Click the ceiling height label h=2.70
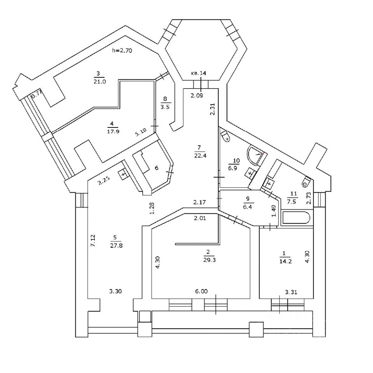point(122,50)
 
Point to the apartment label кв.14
point(199,73)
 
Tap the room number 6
point(157,168)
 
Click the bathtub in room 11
point(296,218)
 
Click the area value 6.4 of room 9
point(249,206)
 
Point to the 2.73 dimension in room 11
point(309,197)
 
